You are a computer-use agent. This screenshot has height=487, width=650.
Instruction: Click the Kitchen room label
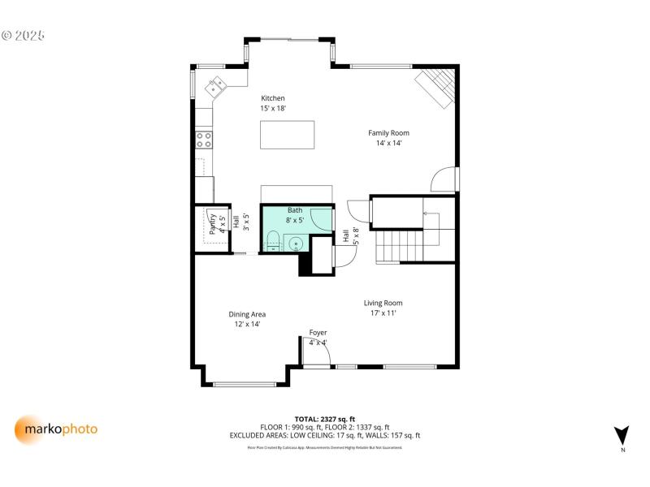[x=272, y=103]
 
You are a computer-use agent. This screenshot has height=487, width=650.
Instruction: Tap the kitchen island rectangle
[x=287, y=135]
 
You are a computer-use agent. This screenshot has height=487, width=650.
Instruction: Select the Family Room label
[x=388, y=137]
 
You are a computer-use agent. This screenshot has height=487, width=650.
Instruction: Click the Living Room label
[x=383, y=308]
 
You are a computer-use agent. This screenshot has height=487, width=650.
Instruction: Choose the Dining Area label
[x=247, y=318]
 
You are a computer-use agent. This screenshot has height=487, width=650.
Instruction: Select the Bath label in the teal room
[x=294, y=215]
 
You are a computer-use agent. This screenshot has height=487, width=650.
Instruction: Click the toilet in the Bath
[x=274, y=241]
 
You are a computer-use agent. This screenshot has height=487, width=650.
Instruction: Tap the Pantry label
[x=214, y=224]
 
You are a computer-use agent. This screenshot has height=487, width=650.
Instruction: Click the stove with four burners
[x=204, y=140]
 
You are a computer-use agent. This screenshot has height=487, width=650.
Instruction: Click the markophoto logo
[x=56, y=429]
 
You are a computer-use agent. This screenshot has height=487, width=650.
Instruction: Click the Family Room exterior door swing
[x=444, y=179]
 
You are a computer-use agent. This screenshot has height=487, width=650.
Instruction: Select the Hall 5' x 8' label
[x=350, y=236]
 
